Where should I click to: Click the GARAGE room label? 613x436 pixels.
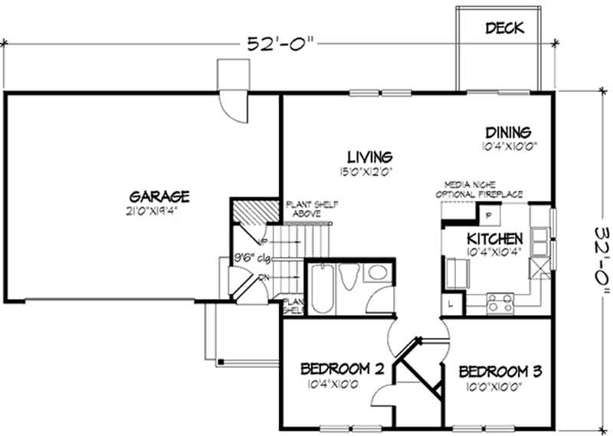[159, 197]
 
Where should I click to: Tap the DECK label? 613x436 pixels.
[505, 29]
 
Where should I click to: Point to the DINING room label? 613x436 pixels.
[506, 132]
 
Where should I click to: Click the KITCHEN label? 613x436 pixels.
[496, 238]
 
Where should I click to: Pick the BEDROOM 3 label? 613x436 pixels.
[500, 372]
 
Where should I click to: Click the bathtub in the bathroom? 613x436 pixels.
[320, 289]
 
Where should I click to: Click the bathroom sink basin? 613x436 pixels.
[376, 274]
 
